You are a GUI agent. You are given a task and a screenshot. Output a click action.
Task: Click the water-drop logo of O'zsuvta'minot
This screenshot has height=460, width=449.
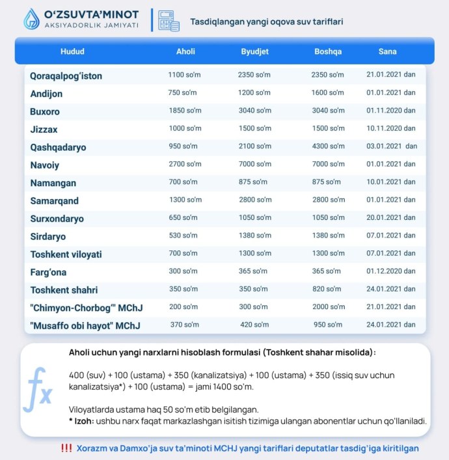pyautogui.click(x=31, y=20)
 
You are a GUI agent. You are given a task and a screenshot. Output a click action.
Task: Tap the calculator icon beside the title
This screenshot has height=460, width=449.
pyautogui.click(x=169, y=20)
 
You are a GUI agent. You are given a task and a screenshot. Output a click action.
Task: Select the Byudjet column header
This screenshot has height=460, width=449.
pyautogui.click(x=255, y=51)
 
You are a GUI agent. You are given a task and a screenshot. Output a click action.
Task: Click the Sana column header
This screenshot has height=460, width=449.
pyautogui.click(x=387, y=51)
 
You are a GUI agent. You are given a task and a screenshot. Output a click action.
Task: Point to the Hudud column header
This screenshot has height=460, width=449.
pyautogui.click(x=72, y=51)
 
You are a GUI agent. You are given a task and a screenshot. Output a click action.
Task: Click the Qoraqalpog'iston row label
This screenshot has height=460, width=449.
pyautogui.click(x=66, y=76)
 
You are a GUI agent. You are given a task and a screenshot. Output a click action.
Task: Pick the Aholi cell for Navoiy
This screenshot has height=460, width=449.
pyautogui.click(x=184, y=165)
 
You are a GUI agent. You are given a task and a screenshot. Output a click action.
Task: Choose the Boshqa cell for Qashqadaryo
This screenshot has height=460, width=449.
pyautogui.click(x=328, y=146)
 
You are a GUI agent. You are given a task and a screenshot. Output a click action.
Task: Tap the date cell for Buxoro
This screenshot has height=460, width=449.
pyautogui.click(x=391, y=111)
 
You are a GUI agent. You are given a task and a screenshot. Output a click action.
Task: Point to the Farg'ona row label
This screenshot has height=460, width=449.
pyautogui.click(x=48, y=272)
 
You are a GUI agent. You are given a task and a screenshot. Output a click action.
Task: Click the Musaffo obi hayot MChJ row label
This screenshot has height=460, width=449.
pyautogui.click(x=85, y=325)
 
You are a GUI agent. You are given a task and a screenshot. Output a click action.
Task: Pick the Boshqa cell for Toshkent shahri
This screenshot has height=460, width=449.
pyautogui.click(x=326, y=290)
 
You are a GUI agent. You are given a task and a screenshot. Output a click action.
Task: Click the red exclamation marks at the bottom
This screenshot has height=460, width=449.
pyautogui.click(x=66, y=448)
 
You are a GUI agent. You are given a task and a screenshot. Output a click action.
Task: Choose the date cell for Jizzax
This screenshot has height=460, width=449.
pyautogui.click(x=391, y=129)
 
